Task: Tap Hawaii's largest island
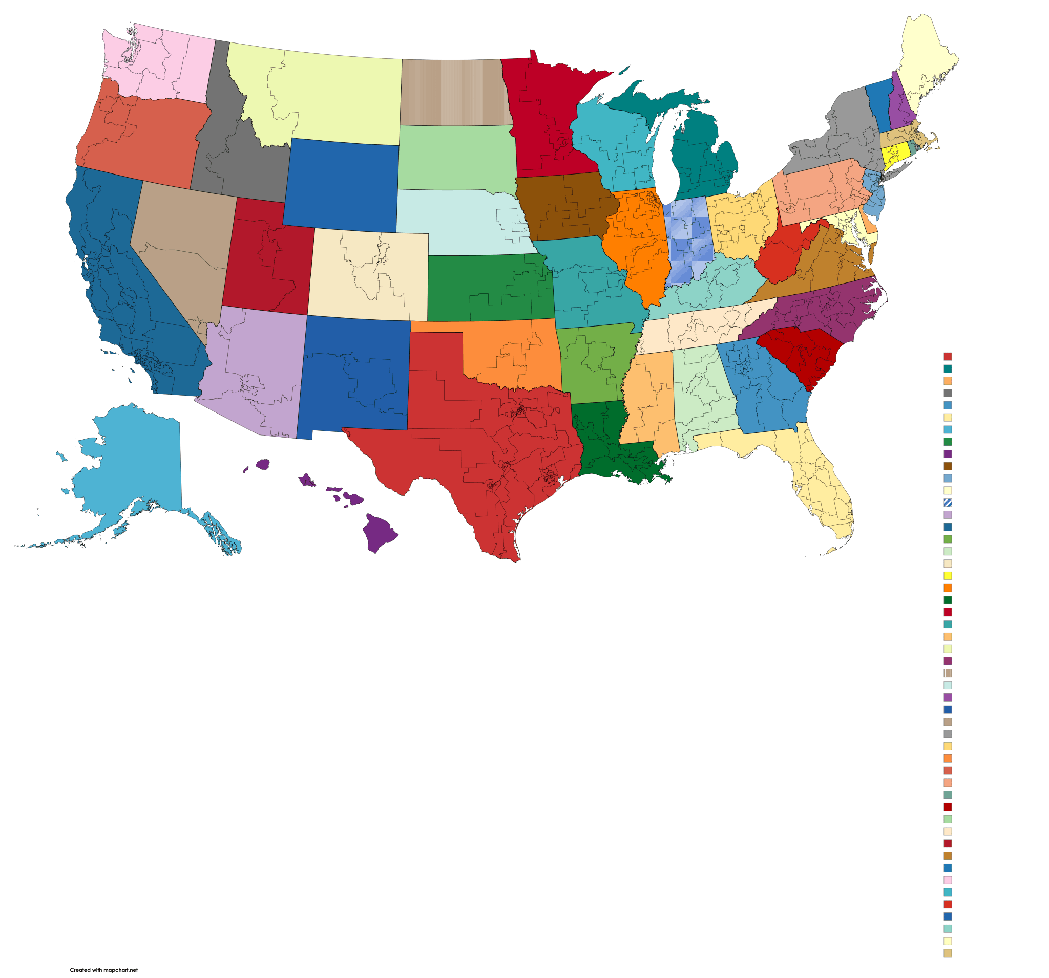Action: click(380, 533)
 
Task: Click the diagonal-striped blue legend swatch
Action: click(948, 503)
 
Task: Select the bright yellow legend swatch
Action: click(948, 575)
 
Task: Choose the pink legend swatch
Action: click(948, 880)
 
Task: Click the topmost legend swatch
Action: click(948, 356)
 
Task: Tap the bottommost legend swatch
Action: click(948, 953)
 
